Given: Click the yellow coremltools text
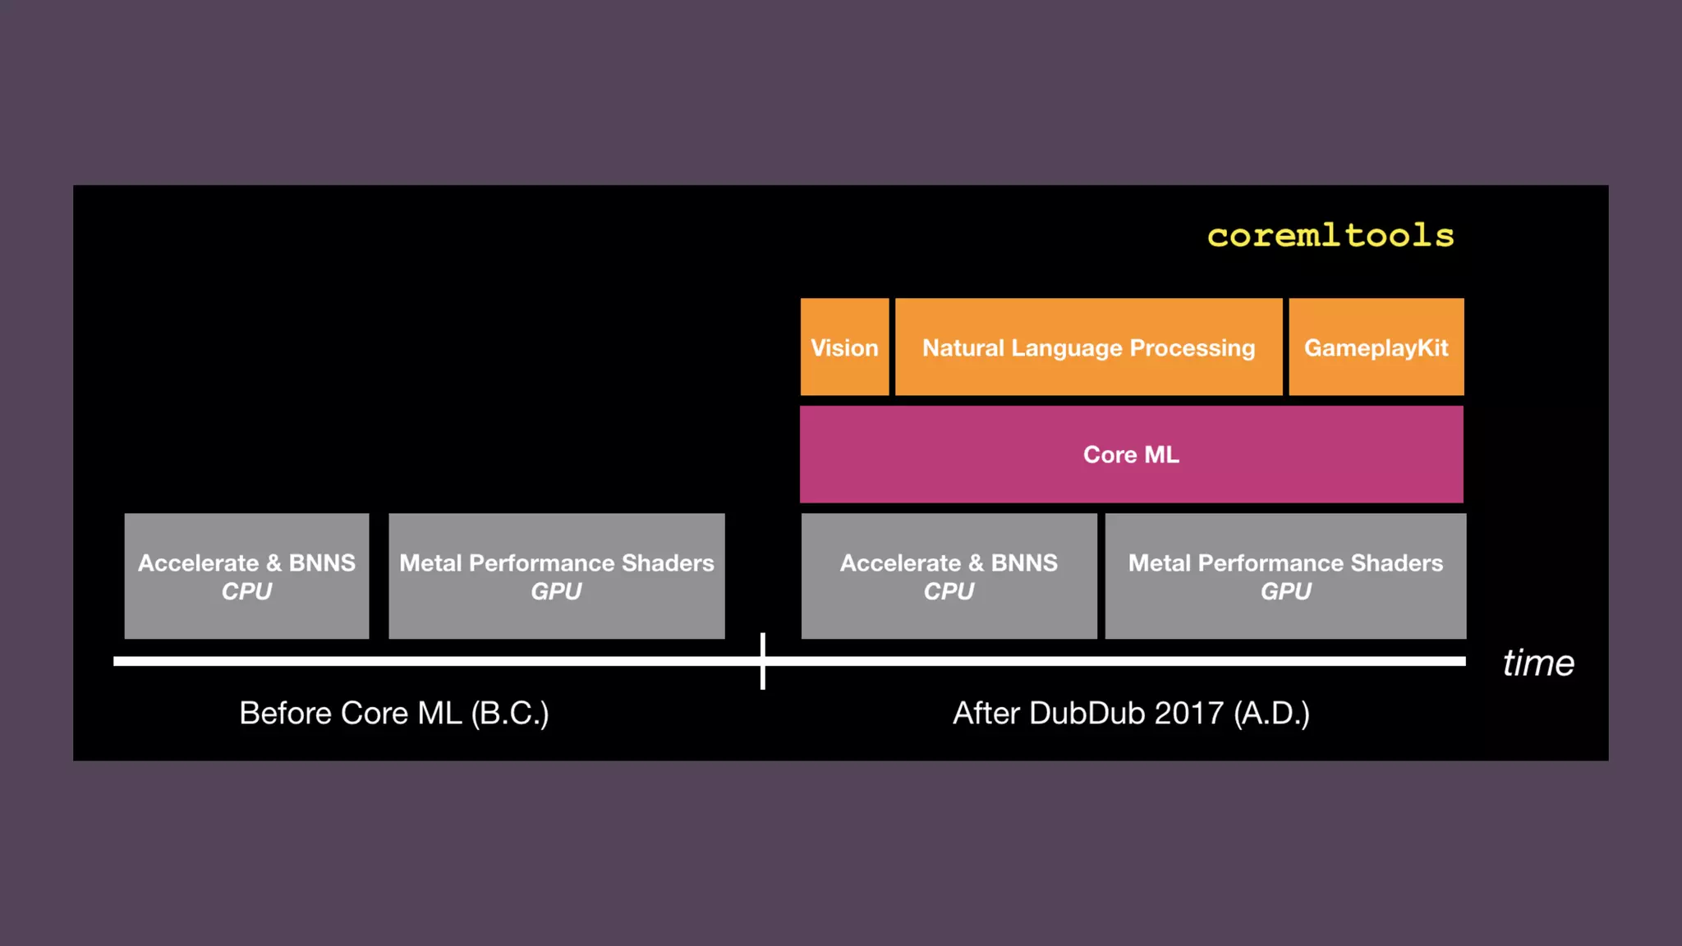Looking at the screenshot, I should point(1330,236).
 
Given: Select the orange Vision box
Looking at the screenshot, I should point(844,347).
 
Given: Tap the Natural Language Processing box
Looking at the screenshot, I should point(1088,347).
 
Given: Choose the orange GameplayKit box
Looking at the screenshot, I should point(1376,347).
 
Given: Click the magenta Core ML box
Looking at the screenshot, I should point(1131,454).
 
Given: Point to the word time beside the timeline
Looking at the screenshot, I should point(1538,663).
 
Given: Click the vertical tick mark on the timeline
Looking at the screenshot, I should point(763,660).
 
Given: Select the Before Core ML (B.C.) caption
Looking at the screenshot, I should point(393,713).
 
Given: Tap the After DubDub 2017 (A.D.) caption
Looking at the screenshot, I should point(1131,713).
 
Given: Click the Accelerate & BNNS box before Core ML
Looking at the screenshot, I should point(246,576).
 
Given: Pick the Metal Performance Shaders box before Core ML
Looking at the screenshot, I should point(556,576).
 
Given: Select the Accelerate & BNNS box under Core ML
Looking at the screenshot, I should point(949,576).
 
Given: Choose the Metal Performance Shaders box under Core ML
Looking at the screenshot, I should point(1285,576).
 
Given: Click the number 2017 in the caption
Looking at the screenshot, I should point(1188,713).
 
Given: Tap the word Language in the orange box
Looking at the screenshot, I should point(1067,348).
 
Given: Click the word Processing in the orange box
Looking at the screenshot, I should point(1193,348).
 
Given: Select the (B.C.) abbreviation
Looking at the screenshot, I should point(509,713).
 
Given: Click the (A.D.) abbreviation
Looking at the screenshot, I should point(1271,713).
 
